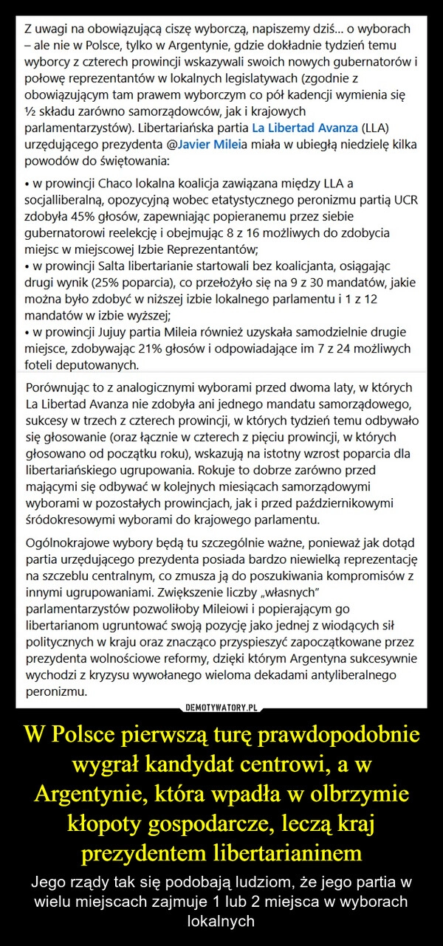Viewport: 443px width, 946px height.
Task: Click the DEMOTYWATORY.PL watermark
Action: (x=221, y=707)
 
